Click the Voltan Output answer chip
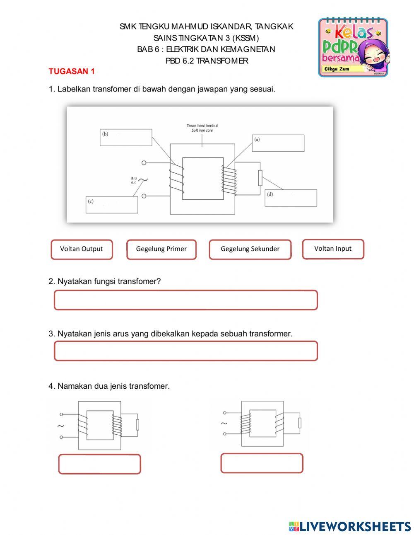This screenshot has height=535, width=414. pyautogui.click(x=82, y=249)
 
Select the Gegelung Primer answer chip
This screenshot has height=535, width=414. pyautogui.click(x=161, y=249)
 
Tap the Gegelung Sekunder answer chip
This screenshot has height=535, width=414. pyautogui.click(x=250, y=249)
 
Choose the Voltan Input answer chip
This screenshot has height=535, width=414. pyautogui.click(x=333, y=249)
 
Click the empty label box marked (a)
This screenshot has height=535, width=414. pyautogui.click(x=278, y=143)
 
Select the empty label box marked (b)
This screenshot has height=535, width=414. pyautogui.click(x=126, y=138)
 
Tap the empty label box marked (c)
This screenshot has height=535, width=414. pyautogui.click(x=112, y=205)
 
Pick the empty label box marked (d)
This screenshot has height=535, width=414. pyautogui.click(x=291, y=198)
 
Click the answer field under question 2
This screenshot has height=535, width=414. pyautogui.click(x=185, y=300)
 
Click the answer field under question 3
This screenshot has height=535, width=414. pyautogui.click(x=185, y=351)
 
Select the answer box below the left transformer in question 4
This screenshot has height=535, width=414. pyautogui.click(x=99, y=464)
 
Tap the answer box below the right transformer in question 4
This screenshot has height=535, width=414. pyautogui.click(x=262, y=463)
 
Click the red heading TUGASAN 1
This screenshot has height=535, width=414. pyautogui.click(x=72, y=71)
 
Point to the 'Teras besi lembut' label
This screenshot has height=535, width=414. pyautogui.click(x=202, y=126)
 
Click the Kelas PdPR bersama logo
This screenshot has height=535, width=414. pyautogui.click(x=353, y=47)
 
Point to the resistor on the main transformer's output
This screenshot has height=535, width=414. pyautogui.click(x=260, y=178)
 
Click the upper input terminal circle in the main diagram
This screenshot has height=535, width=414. pyautogui.click(x=144, y=163)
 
